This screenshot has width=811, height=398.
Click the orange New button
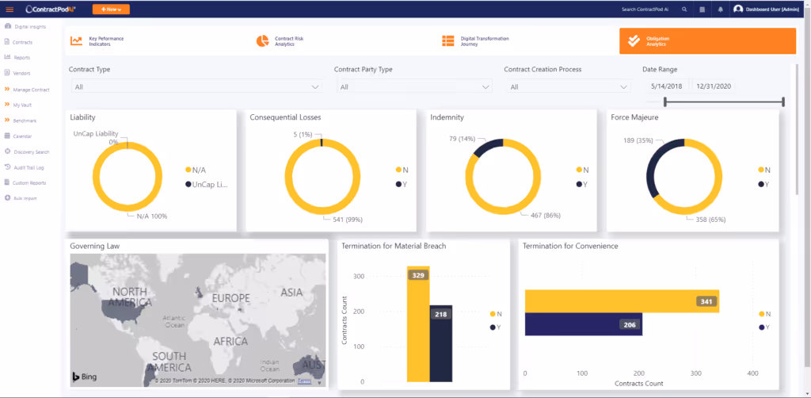pyautogui.click(x=111, y=10)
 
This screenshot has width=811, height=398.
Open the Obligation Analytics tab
pyautogui.click(x=707, y=41)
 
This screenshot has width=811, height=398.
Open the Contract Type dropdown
pyautogui.click(x=196, y=86)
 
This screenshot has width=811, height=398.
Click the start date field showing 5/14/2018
pyautogui.click(x=666, y=86)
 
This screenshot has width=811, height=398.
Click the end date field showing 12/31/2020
pyautogui.click(x=714, y=86)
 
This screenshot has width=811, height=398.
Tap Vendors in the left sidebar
pyautogui.click(x=21, y=73)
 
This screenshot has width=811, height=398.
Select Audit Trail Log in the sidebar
pyautogui.click(x=29, y=167)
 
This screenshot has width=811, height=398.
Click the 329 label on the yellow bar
pyautogui.click(x=417, y=275)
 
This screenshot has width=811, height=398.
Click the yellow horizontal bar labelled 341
pyautogui.click(x=622, y=301)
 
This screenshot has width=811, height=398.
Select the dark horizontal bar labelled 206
pyautogui.click(x=583, y=324)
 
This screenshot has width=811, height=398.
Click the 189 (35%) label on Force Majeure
pyautogui.click(x=638, y=140)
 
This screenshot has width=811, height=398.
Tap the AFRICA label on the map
pyautogui.click(x=230, y=341)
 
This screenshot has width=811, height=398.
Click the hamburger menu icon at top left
pyautogui.click(x=10, y=10)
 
